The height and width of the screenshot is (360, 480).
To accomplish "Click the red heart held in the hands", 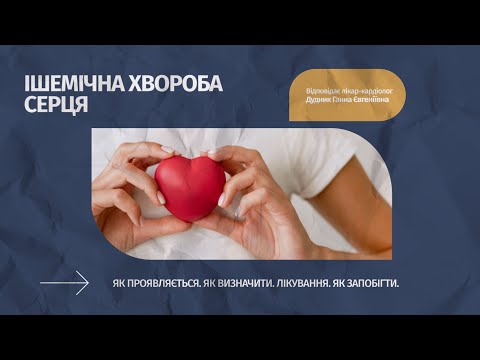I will pos(190,186).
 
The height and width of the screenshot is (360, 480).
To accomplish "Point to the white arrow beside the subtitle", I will pos(65,284).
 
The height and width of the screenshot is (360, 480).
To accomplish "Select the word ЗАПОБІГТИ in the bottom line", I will pos(374,284).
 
